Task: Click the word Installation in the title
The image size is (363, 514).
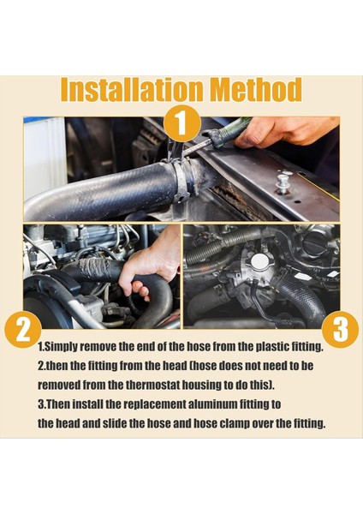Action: [x=131, y=89]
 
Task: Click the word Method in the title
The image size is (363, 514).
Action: [x=256, y=89]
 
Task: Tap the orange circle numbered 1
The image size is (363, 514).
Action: [x=181, y=123]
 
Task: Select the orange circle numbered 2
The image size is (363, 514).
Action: [x=23, y=330]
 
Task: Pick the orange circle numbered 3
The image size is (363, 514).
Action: [x=340, y=330]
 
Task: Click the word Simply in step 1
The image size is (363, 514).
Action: [x=60, y=347]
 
